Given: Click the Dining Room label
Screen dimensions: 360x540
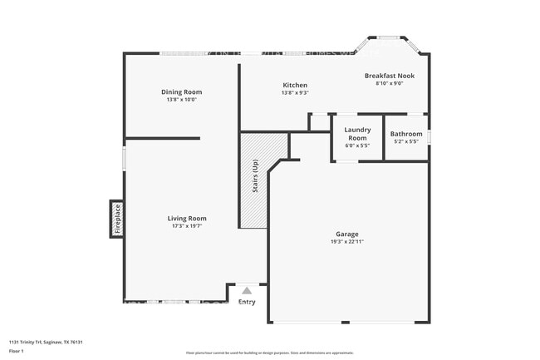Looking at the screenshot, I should [181, 91].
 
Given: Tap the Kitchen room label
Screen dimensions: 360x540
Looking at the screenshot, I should [295, 85].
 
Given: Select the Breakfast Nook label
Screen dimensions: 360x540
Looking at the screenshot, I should [390, 76].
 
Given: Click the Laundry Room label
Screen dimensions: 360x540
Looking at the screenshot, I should [357, 133].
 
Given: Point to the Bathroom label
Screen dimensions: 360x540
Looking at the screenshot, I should [406, 134].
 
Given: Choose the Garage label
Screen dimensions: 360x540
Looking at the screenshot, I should [346, 234].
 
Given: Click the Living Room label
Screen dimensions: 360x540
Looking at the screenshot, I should [189, 218].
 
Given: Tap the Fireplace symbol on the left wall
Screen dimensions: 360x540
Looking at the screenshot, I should [117, 219].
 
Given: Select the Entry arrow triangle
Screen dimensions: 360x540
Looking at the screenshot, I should [247, 290].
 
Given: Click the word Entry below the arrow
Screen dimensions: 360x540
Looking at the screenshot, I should [247, 302].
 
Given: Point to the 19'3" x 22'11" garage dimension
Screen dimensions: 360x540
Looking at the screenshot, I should [346, 242].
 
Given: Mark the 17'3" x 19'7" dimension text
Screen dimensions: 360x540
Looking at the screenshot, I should [189, 225].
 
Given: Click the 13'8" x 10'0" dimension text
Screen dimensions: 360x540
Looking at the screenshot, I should [181, 100].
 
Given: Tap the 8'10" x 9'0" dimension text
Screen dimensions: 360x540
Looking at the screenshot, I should [390, 83].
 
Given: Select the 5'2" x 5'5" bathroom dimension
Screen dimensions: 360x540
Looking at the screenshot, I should [406, 141].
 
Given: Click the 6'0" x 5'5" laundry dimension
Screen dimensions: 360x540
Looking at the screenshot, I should [357, 146].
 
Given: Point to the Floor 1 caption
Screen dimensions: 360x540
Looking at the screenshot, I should [17, 352].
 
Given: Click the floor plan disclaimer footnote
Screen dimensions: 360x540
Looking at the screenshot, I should [270, 352].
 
